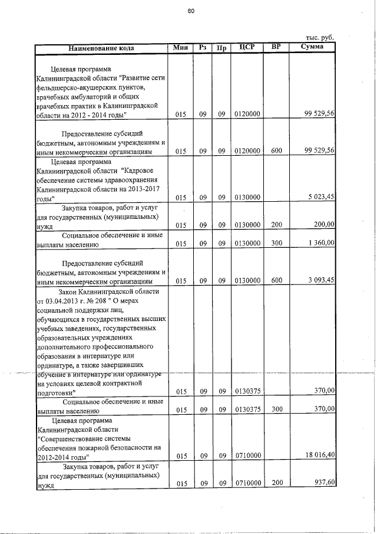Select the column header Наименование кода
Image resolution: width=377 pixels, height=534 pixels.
point(101,47)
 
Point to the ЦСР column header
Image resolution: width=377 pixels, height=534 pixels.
point(247,47)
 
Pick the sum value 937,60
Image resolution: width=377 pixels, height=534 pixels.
point(324,483)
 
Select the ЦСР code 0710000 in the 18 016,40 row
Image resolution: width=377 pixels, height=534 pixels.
point(247,456)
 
